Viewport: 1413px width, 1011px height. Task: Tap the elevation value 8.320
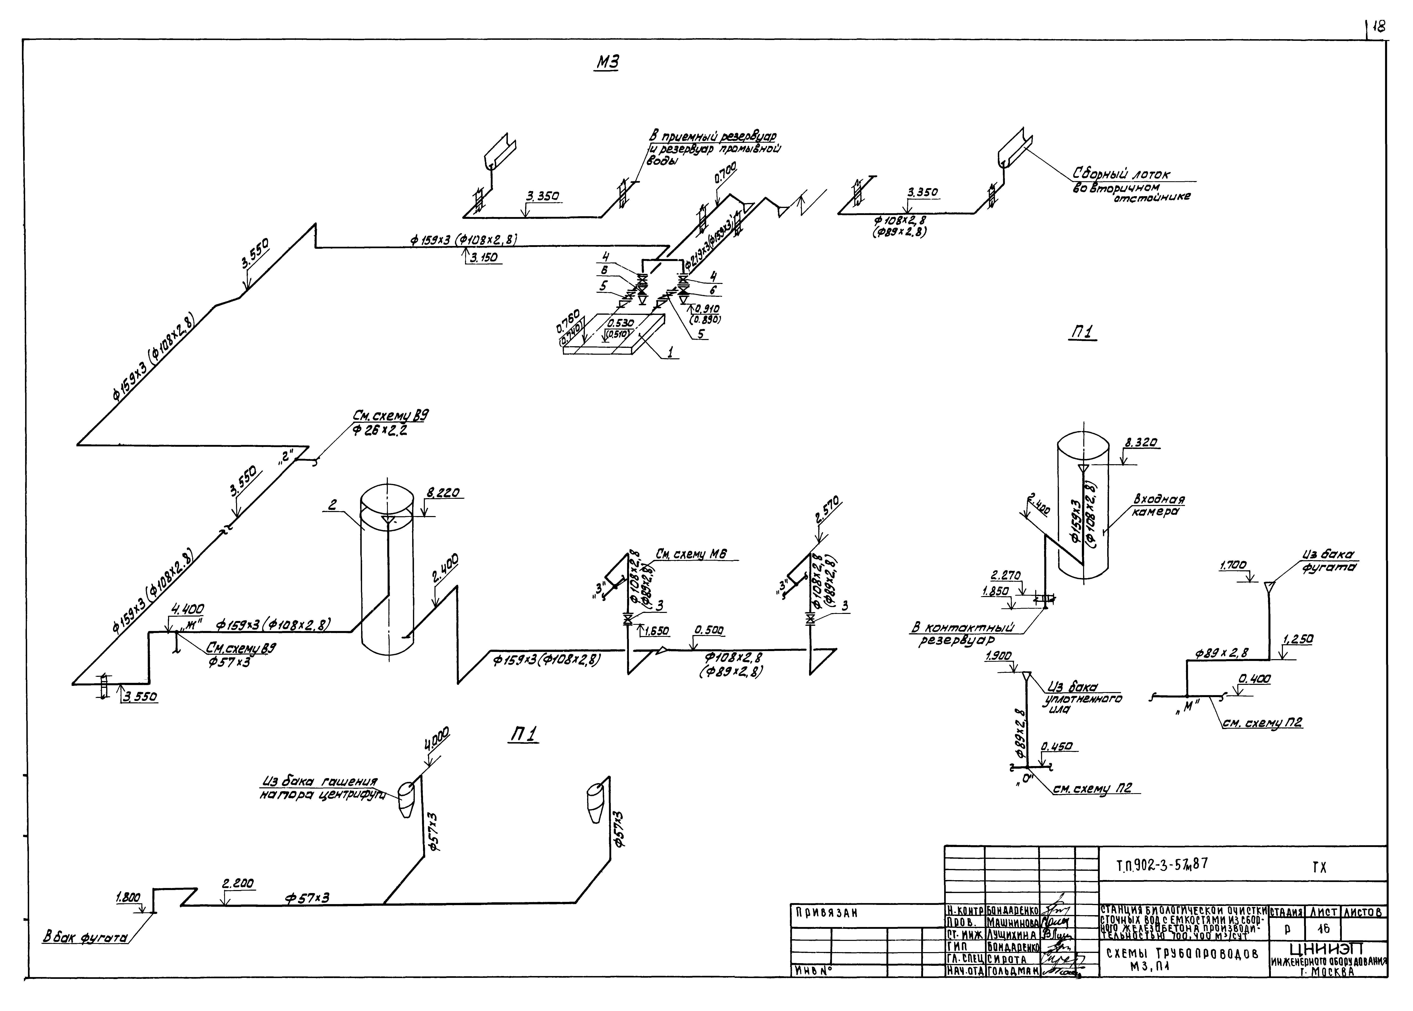(1141, 443)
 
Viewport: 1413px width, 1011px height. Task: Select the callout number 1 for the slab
(670, 352)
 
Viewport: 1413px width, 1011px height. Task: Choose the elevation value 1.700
(1233, 565)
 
